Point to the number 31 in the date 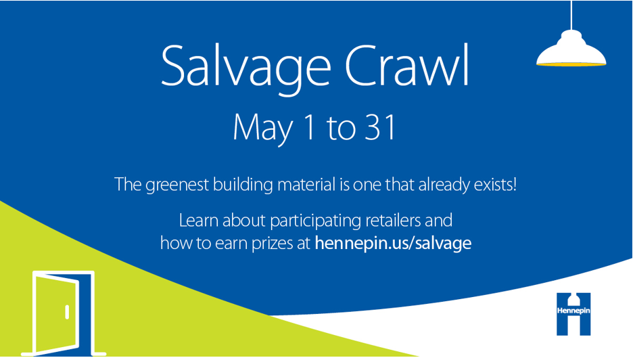tap(378, 127)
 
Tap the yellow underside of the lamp tap(571, 64)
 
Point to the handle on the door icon tap(67, 312)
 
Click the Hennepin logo tap(573, 313)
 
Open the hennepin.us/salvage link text tap(393, 243)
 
